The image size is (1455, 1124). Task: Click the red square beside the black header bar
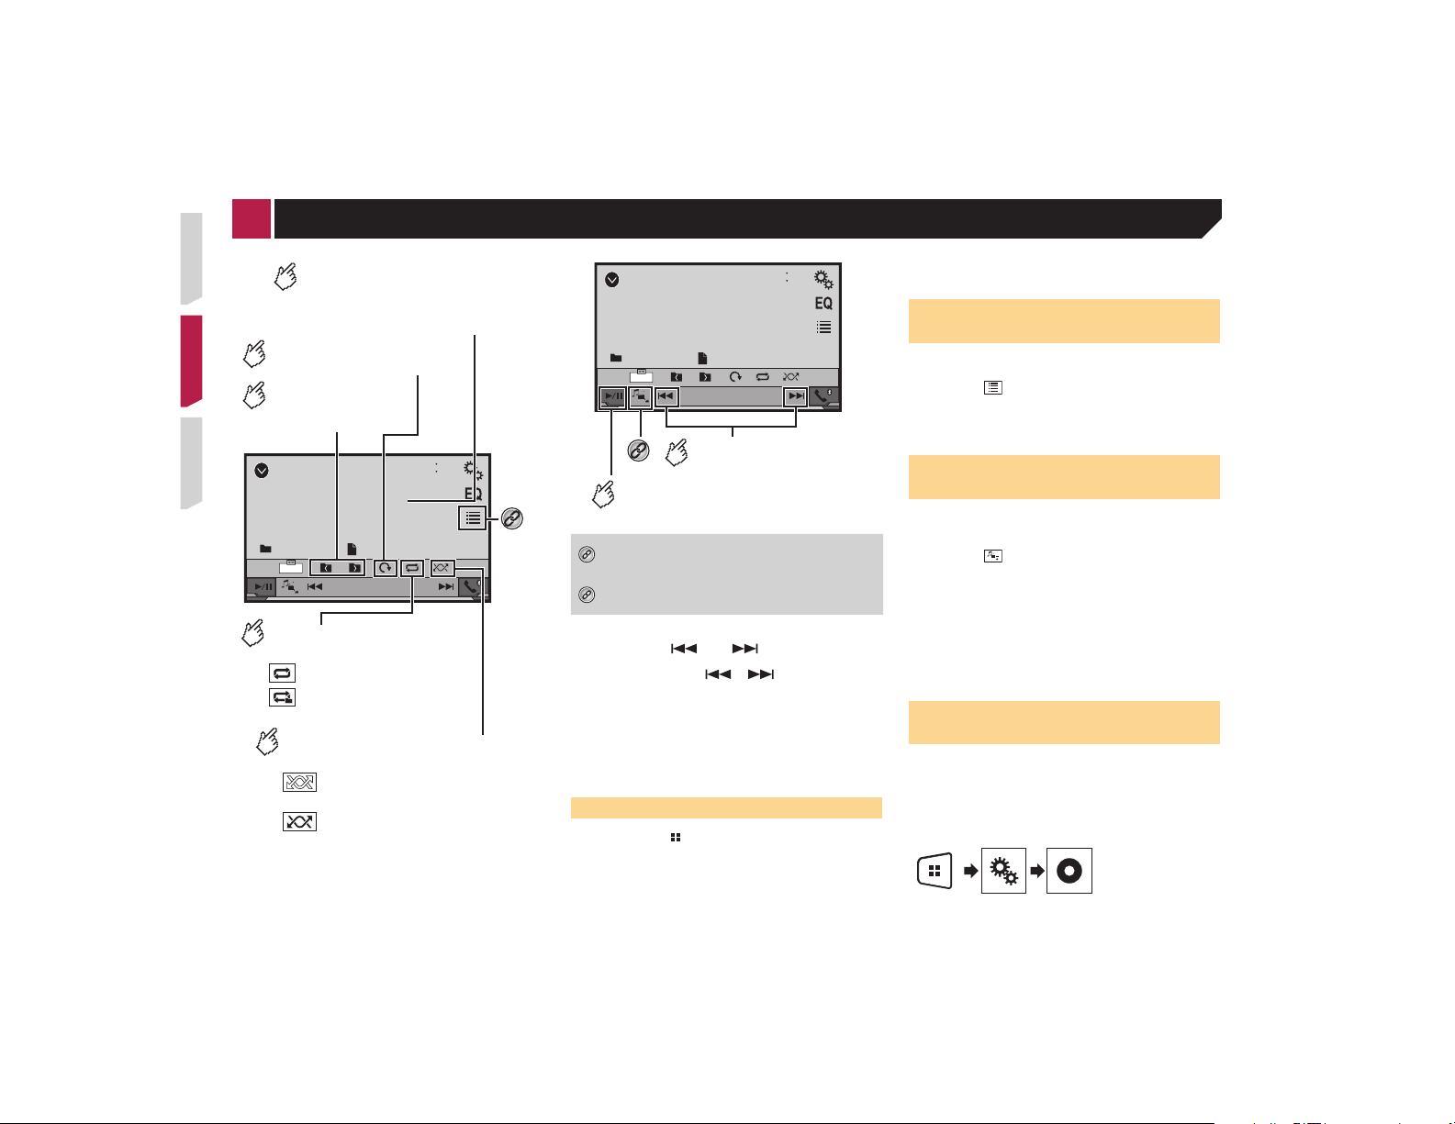[x=252, y=218]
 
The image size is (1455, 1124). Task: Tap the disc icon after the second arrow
[x=1069, y=871]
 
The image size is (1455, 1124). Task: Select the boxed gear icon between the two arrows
[x=1003, y=871]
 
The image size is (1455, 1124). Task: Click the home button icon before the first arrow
[x=935, y=871]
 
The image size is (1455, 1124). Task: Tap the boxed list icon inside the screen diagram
[x=473, y=517]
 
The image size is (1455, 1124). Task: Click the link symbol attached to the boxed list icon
[x=512, y=518]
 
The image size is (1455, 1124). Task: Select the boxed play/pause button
[x=612, y=396]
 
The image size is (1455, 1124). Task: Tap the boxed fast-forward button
[x=796, y=396]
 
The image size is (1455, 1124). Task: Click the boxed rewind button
[x=666, y=396]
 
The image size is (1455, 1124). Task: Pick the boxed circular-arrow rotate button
[x=385, y=568]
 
